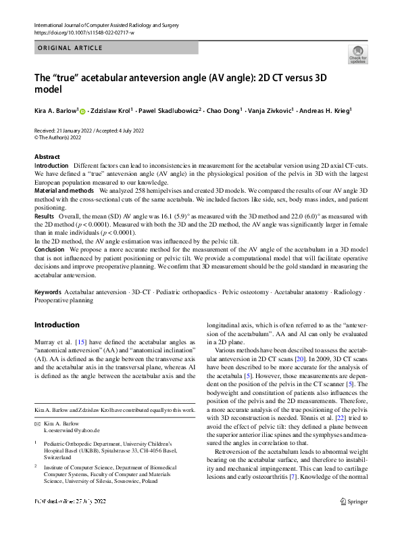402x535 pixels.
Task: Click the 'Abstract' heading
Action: click(x=47, y=157)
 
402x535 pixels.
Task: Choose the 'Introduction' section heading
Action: click(x=57, y=325)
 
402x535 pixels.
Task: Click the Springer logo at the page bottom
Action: click(x=354, y=519)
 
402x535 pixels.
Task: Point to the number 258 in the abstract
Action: click(x=128, y=191)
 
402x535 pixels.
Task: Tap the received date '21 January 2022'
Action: click(x=79, y=130)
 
